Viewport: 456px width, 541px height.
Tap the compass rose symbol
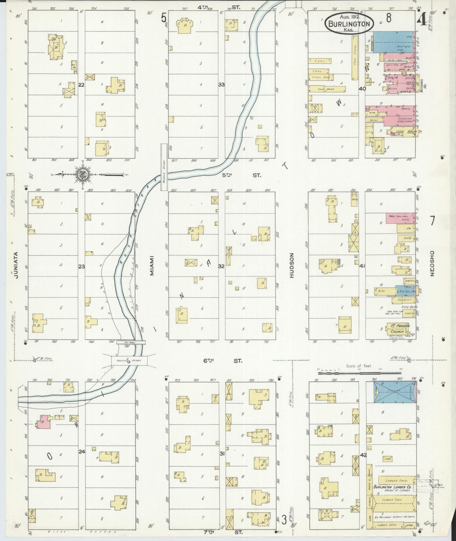(83, 174)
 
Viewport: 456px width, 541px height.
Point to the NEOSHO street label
(432, 263)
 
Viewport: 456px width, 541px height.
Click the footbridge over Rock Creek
(131, 342)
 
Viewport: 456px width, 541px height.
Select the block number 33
(222, 85)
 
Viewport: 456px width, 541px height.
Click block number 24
(82, 452)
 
